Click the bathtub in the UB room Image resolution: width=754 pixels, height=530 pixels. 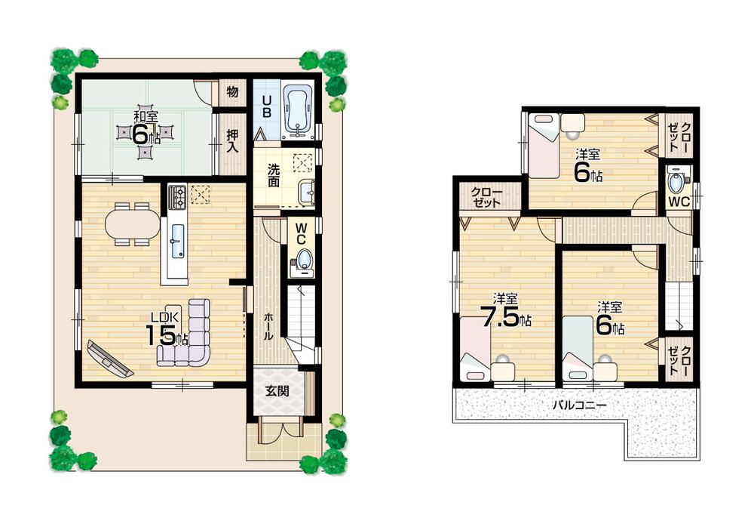click(x=298, y=110)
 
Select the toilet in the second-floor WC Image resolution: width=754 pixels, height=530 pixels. click(x=677, y=183)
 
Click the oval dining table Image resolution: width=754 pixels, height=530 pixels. click(x=133, y=223)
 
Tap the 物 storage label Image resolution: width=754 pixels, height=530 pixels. click(x=232, y=92)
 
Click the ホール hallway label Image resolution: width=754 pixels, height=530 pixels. click(x=268, y=325)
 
